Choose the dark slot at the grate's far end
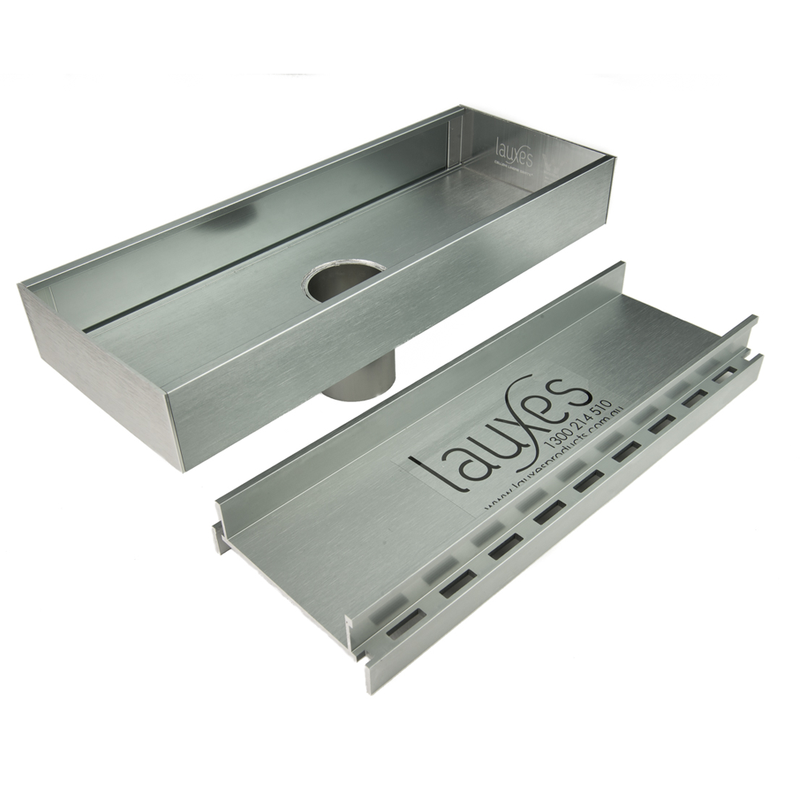(x=725, y=373)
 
